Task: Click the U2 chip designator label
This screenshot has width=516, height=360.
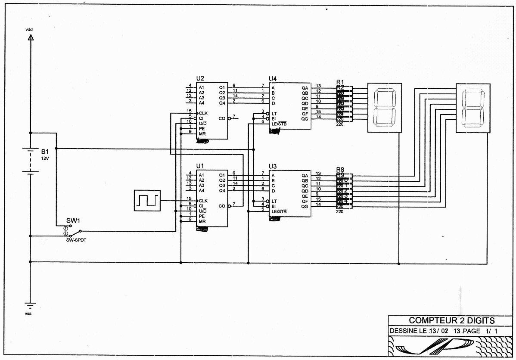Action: (x=200, y=78)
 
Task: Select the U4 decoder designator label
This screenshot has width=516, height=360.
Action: (x=273, y=79)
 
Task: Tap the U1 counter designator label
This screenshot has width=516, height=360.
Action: (x=200, y=166)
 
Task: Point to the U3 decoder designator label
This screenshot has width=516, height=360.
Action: (x=273, y=166)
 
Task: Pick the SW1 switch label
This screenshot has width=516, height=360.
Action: (x=73, y=220)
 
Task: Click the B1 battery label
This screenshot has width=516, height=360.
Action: (x=45, y=152)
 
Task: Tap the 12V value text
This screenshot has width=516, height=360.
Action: (x=46, y=158)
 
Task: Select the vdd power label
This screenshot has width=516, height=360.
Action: (x=29, y=29)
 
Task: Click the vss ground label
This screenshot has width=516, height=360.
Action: (x=28, y=313)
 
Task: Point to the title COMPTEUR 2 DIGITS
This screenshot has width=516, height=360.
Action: (x=452, y=320)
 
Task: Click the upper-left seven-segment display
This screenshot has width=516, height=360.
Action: (x=384, y=107)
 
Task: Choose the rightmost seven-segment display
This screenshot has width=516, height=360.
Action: (x=472, y=107)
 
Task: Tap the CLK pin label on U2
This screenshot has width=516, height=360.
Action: (x=203, y=113)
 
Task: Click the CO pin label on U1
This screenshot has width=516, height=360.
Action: (x=222, y=206)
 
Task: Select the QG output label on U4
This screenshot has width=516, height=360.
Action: (x=305, y=119)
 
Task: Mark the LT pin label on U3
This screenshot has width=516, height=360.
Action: (x=274, y=201)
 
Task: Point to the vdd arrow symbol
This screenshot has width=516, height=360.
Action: (x=30, y=37)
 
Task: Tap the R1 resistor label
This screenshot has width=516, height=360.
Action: (x=340, y=82)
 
